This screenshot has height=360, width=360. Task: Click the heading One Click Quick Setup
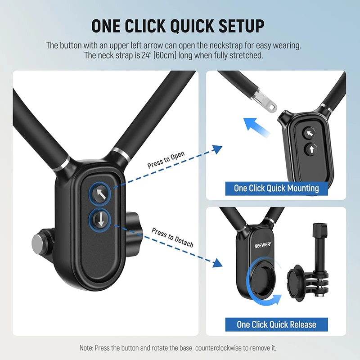(x=178, y=26)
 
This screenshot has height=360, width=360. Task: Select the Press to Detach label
(x=172, y=238)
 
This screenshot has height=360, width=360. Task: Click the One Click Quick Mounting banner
(x=276, y=188)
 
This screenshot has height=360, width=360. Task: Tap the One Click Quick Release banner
(x=276, y=324)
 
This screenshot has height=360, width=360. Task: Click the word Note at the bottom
(x=87, y=348)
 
